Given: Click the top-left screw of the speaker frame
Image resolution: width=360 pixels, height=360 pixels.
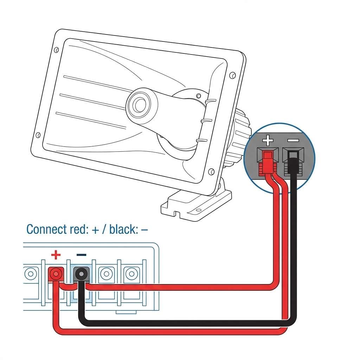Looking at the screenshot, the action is [x=56, y=50].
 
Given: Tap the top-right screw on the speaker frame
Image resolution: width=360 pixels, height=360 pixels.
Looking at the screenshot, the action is [x=233, y=75].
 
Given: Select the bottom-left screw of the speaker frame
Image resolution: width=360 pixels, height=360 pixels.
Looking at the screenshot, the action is [x=38, y=135].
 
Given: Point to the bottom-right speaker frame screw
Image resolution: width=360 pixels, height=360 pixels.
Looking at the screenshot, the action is [x=211, y=172].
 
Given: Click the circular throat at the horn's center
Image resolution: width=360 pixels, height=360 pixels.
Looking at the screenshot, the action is [x=139, y=105].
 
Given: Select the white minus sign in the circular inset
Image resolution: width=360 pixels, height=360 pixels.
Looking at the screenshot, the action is [x=293, y=140].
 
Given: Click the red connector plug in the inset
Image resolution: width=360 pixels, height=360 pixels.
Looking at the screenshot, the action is [x=268, y=162].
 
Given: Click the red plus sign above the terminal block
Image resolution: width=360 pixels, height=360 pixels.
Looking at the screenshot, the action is [x=56, y=255].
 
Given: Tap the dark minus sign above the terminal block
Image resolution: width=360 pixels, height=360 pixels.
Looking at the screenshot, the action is [x=81, y=255].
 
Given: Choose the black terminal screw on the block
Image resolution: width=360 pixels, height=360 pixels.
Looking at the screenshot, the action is [x=81, y=274].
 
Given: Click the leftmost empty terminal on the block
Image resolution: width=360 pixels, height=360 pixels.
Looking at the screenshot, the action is [x=31, y=274].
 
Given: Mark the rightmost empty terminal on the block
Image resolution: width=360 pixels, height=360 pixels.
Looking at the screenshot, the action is [x=131, y=274].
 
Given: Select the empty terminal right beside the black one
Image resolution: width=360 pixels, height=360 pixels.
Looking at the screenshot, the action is [x=106, y=274].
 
